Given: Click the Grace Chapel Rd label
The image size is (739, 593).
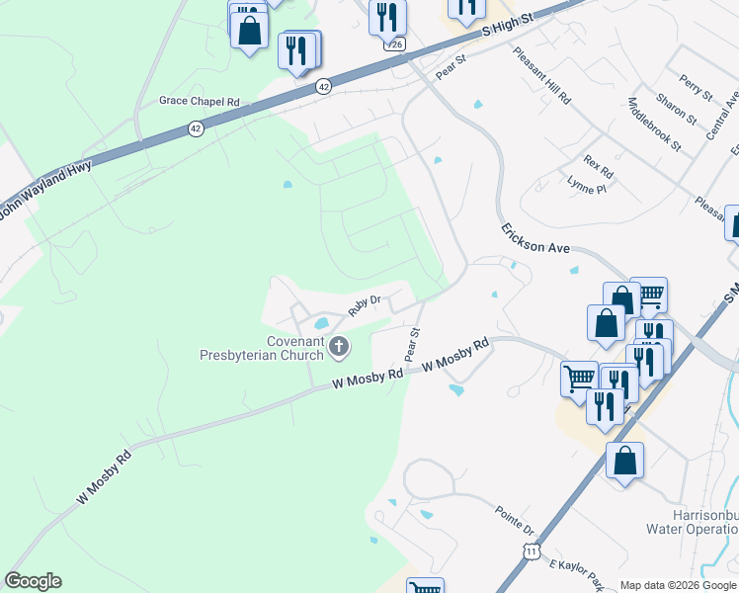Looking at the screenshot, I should pyautogui.click(x=200, y=102).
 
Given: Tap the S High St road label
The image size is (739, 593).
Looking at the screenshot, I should pyautogui.click(x=507, y=26).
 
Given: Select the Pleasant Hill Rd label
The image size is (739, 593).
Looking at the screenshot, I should pyautogui.click(x=542, y=76).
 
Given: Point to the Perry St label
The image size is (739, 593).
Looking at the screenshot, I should pyautogui.click(x=696, y=86).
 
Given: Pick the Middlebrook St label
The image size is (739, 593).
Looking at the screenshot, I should pyautogui.click(x=654, y=125).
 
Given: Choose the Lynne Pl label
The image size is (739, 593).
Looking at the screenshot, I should pyautogui.click(x=587, y=184).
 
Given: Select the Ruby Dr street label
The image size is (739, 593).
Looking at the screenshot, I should pyautogui.click(x=364, y=305).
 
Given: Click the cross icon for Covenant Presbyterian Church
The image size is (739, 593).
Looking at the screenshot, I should pyautogui.click(x=339, y=346).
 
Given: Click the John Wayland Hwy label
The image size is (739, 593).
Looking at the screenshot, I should pyautogui.click(x=46, y=194).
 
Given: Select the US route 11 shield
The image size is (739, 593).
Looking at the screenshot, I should pyautogui.click(x=533, y=550).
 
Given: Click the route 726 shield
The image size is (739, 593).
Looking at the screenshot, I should pyautogui.click(x=395, y=44).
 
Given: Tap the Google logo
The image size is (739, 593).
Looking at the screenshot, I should pyautogui.click(x=33, y=581).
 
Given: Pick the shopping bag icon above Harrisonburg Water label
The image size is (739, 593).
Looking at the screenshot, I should pyautogui.click(x=624, y=461).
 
